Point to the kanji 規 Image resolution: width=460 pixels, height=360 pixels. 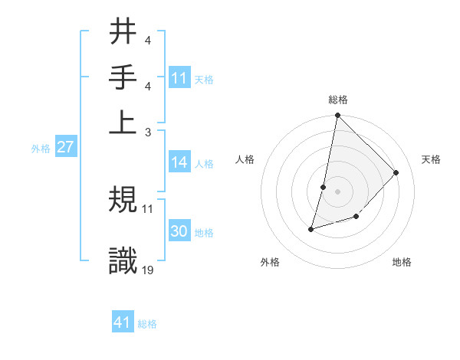(123, 200)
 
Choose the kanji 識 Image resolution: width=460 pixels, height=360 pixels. (123, 260)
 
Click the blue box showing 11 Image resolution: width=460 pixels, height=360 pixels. (179, 78)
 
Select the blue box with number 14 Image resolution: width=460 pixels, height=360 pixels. (179, 162)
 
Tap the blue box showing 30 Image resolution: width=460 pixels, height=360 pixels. (179, 231)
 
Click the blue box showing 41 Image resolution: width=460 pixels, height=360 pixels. (123, 322)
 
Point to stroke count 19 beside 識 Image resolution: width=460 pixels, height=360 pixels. (148, 270)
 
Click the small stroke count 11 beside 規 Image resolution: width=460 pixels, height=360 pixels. (148, 208)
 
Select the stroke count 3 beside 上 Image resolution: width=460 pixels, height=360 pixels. (148, 132)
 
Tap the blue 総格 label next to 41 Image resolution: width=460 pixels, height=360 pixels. (147, 324)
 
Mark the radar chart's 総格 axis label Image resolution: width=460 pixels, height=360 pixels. (337, 100)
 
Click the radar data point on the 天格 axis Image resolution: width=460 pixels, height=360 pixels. (396, 172)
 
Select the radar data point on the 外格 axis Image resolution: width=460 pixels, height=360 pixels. (311, 228)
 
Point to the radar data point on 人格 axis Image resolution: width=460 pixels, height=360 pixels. (324, 187)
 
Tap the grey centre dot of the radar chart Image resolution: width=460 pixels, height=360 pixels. (337, 191)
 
